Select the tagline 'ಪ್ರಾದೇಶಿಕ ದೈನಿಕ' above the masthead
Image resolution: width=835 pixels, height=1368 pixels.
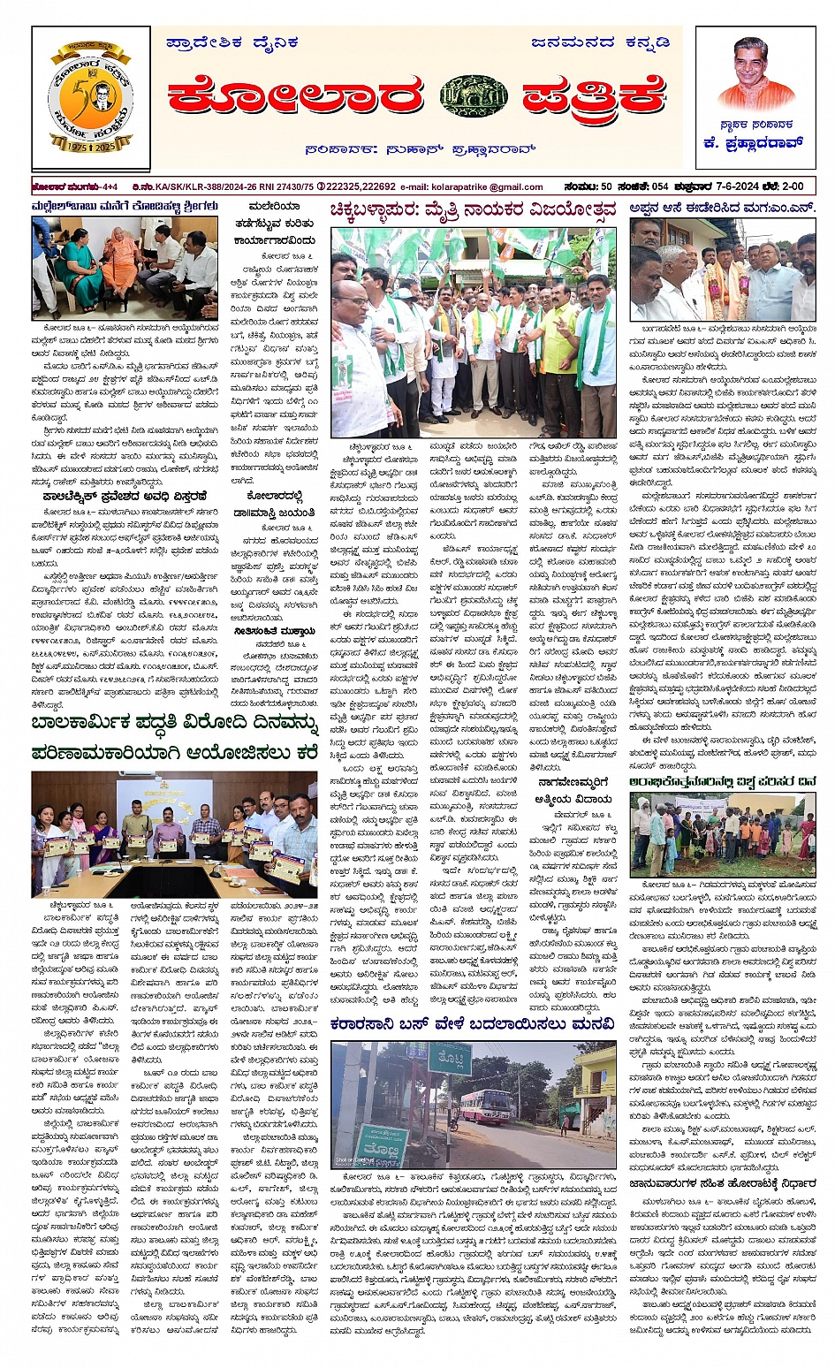pyautogui.click(x=232, y=42)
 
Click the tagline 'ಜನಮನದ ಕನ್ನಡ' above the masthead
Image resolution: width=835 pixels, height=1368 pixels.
pyautogui.click(x=600, y=42)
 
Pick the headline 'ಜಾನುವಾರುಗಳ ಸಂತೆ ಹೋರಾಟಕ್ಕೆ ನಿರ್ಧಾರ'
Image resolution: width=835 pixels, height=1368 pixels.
pyautogui.click(x=723, y=1183)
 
